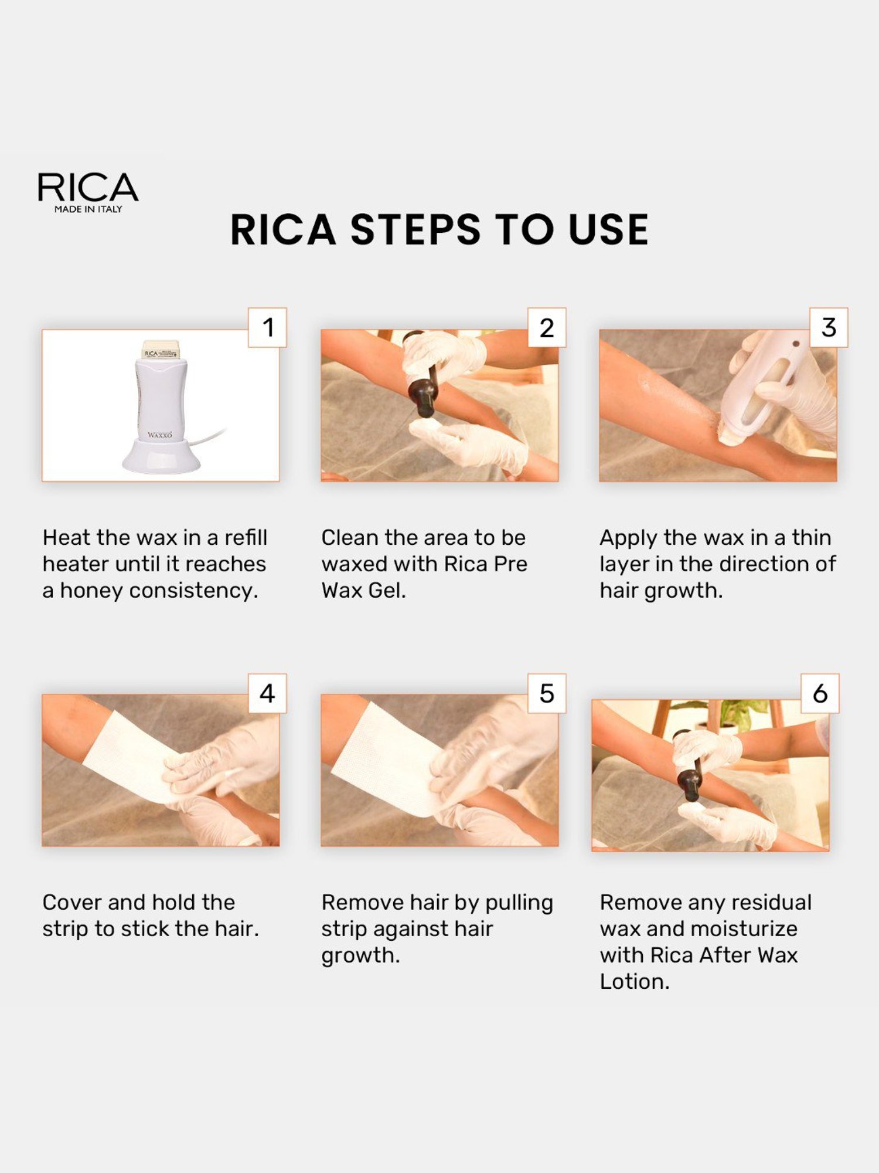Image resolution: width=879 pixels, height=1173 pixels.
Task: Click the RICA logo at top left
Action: click(x=88, y=188)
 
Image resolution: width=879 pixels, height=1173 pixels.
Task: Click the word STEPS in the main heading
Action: click(x=415, y=229)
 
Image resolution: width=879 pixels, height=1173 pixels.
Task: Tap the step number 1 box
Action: click(x=268, y=327)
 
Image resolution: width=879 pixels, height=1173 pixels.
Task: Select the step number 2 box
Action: click(x=547, y=327)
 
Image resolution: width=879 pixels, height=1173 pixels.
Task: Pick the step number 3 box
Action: click(x=829, y=327)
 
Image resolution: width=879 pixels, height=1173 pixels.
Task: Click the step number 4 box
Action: click(x=268, y=693)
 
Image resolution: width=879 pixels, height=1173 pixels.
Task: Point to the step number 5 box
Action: click(x=547, y=693)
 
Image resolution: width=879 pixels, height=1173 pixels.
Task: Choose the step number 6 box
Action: click(x=820, y=693)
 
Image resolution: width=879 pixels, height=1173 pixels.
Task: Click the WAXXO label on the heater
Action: click(x=160, y=435)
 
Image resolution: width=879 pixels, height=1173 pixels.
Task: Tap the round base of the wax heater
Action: click(x=161, y=456)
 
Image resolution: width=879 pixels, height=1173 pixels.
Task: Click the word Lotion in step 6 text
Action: click(x=634, y=982)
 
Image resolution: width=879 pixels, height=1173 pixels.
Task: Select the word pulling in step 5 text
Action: click(x=519, y=903)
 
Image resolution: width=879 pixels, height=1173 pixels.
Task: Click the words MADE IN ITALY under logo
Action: click(x=88, y=209)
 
